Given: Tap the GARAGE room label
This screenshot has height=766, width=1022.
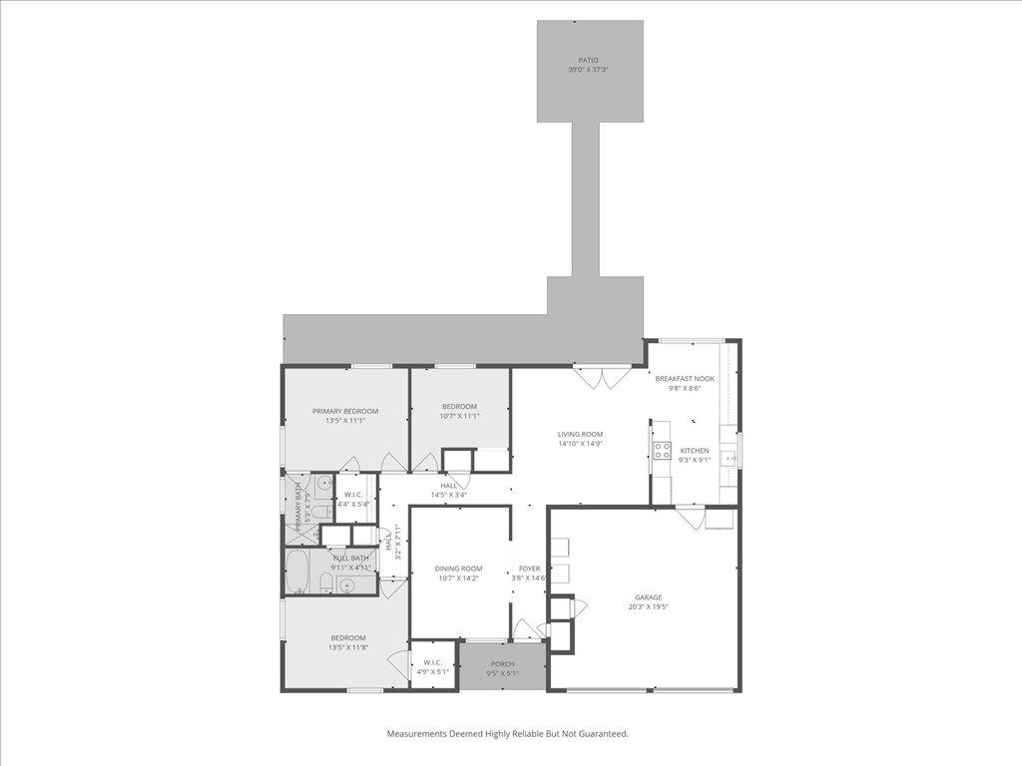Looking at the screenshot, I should pyautogui.click(x=648, y=597).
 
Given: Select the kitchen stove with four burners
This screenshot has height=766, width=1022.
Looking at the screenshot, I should pyautogui.click(x=661, y=450).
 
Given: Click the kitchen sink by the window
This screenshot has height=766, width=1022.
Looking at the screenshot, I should pyautogui.click(x=731, y=459).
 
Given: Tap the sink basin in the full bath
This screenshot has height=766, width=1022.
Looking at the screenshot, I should pyautogui.click(x=345, y=584).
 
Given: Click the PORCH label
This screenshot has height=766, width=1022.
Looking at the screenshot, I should pyautogui.click(x=502, y=664).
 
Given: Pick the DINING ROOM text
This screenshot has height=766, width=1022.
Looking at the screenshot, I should pyautogui.click(x=459, y=569).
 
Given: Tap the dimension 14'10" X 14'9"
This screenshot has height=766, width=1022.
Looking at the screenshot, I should pyautogui.click(x=580, y=444).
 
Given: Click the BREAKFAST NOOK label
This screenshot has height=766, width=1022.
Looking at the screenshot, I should pyautogui.click(x=685, y=379).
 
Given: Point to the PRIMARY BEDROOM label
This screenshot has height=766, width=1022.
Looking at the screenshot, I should pyautogui.click(x=345, y=411).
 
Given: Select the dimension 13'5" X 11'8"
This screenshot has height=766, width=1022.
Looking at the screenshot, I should pyautogui.click(x=348, y=647).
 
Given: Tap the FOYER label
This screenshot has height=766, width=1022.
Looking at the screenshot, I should pyautogui.click(x=529, y=569).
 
